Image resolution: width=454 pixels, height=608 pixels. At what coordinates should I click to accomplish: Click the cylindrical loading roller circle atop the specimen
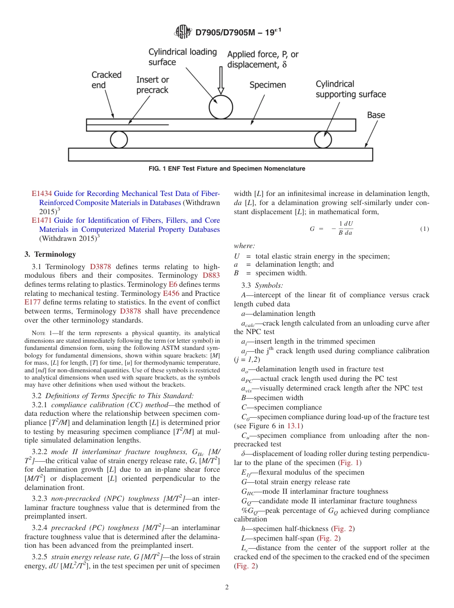(221, 107)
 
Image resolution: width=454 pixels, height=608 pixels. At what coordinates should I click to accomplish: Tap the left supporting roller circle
(119, 140)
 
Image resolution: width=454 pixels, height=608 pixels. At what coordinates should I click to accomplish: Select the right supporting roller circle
(323, 140)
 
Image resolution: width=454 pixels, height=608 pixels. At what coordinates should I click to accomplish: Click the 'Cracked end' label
(107, 80)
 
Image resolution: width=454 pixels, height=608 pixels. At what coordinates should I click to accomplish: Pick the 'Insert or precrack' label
(152, 85)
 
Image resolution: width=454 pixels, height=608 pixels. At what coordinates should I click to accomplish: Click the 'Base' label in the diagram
(376, 115)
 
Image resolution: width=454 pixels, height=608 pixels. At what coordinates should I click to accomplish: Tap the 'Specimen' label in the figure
(268, 85)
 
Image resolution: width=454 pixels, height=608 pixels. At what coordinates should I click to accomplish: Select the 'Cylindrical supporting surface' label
(350, 89)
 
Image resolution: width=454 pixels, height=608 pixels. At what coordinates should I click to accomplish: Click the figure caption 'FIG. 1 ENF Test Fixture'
(227, 169)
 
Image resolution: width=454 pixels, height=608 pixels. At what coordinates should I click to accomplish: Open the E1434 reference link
(42, 194)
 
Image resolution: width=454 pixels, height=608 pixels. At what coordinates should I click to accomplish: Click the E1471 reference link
(42, 220)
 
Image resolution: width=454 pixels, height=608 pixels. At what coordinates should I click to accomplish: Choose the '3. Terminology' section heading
(50, 254)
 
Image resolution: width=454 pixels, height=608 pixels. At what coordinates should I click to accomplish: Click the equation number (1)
(424, 229)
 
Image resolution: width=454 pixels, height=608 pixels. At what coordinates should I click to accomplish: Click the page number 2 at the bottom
(227, 587)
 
